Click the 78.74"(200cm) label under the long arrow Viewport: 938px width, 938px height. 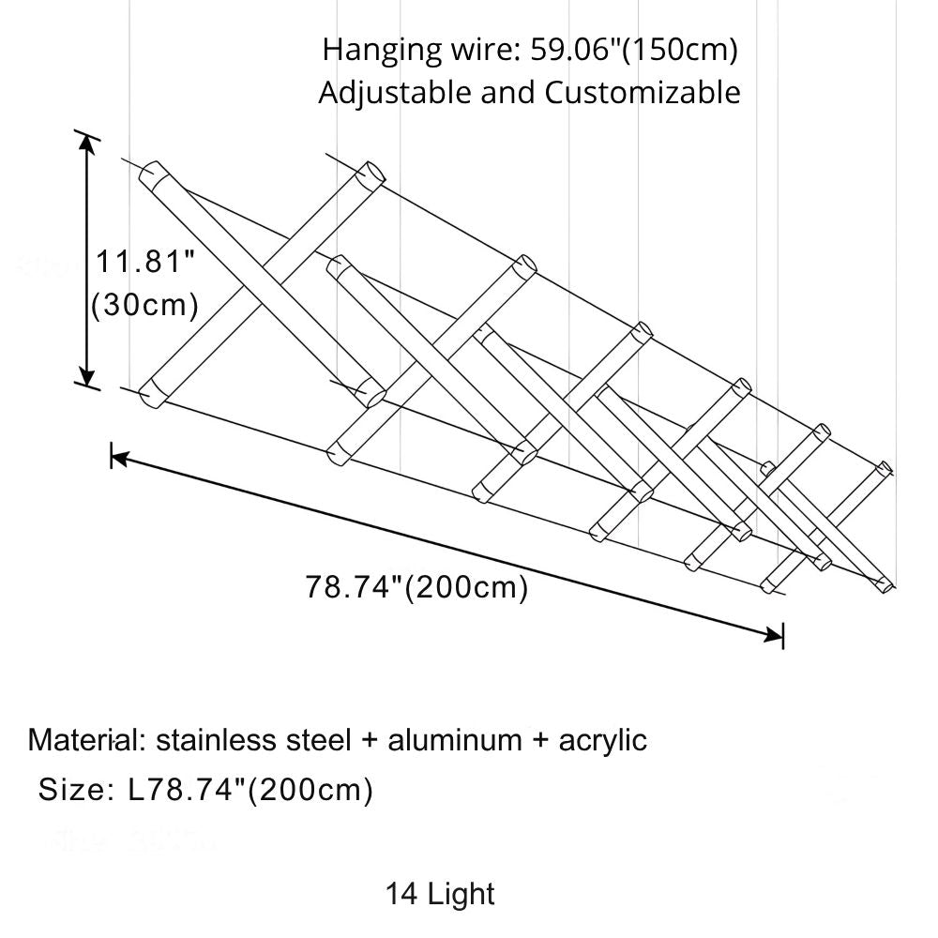coord(416,588)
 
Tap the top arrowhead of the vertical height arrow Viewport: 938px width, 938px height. coord(87,143)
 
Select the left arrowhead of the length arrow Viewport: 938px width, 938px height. coord(119,458)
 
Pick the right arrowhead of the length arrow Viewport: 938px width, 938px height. coord(775,636)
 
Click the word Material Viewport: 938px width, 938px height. coord(83,740)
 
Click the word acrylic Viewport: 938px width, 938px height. coord(602,740)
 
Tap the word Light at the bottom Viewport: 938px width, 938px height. coord(460,894)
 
